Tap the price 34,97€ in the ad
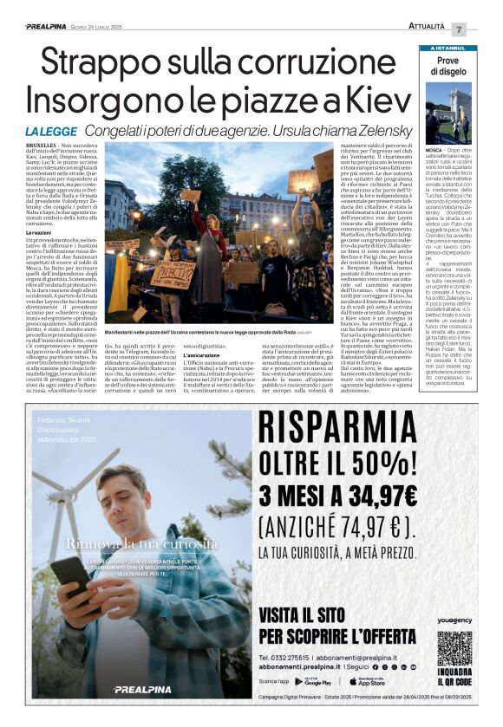pos(389,497)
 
